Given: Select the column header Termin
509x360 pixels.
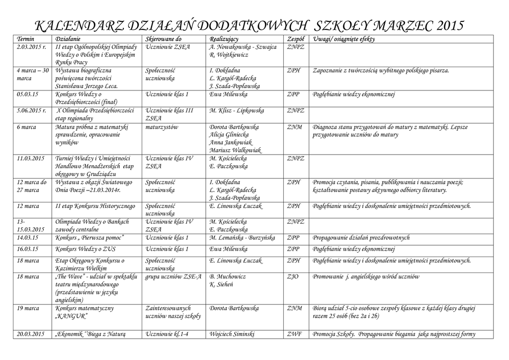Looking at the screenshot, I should click(26, 39).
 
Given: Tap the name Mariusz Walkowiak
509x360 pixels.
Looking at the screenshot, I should click(236, 150).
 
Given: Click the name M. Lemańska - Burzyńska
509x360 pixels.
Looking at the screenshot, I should click(242, 238).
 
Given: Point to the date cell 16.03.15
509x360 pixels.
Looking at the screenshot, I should click(28, 249).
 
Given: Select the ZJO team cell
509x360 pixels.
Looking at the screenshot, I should click(293, 276).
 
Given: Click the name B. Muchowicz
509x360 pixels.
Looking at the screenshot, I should click(228, 276).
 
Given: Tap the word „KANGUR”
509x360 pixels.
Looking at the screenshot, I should click(72, 316).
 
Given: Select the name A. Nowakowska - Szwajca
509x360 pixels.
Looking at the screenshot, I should click(243, 47).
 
